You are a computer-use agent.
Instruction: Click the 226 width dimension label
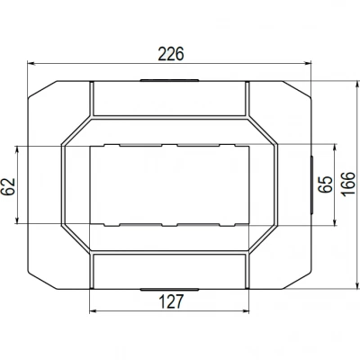tap(171, 54)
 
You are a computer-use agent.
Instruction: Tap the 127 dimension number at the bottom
tap(171, 301)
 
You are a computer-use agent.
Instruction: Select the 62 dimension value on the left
tap(9, 186)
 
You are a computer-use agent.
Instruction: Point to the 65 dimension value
tap(326, 184)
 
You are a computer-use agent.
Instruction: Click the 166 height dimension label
tap(348, 184)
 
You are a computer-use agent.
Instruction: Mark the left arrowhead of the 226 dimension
tap(31, 64)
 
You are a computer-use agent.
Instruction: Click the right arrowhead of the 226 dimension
tap(308, 63)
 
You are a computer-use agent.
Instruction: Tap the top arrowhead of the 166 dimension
tap(357, 85)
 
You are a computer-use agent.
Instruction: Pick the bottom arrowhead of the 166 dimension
tap(357, 285)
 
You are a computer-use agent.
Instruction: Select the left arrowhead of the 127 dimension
tap(94, 311)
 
